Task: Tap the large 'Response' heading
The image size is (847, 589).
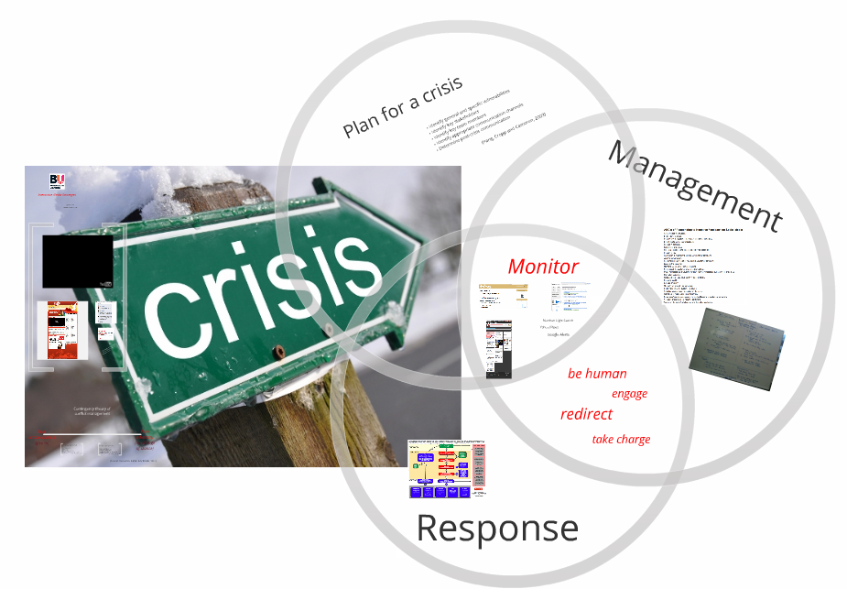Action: point(497,529)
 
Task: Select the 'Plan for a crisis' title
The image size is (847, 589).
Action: point(403,107)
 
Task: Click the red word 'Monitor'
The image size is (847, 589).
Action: point(543,267)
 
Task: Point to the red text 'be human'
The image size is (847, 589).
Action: point(597,374)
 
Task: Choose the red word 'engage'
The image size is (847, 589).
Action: point(629,394)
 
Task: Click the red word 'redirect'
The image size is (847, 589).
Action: point(586,414)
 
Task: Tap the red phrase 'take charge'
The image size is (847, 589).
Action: point(621,440)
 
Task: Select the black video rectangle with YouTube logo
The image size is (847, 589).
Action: point(77,261)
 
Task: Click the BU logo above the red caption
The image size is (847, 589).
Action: point(57,180)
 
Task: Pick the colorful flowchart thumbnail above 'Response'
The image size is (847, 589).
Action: point(447,469)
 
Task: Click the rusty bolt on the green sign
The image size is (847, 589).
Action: point(278,350)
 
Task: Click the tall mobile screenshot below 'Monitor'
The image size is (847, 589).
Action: point(499,349)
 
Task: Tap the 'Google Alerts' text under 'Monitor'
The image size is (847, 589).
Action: point(559,335)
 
